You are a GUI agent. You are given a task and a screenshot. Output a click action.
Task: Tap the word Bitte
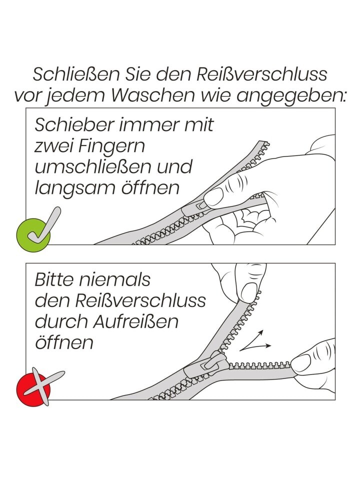click(54, 279)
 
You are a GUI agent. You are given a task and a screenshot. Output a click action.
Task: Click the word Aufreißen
click(136, 321)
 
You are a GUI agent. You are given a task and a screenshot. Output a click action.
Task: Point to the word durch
click(61, 321)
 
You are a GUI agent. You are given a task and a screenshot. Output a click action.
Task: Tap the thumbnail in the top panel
click(214, 196)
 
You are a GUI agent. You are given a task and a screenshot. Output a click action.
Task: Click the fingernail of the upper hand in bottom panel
click(248, 290)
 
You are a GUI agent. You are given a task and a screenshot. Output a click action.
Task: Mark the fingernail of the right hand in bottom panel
click(301, 363)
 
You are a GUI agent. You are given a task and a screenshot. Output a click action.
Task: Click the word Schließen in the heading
click(76, 74)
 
